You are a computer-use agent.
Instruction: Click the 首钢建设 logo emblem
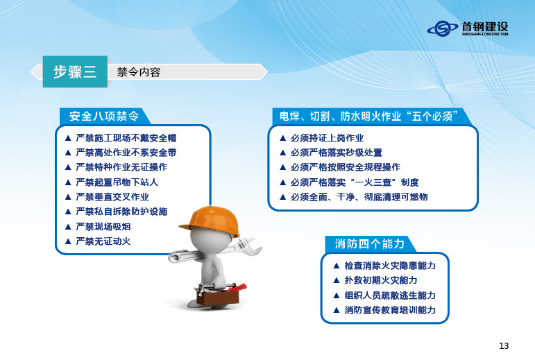pos(442,28)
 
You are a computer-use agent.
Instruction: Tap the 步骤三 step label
pos(75,71)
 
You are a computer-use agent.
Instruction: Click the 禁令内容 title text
pos(139,72)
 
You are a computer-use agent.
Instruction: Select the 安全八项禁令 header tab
pos(104,117)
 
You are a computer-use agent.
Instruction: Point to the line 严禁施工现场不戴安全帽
pos(126,138)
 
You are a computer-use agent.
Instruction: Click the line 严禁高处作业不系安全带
pos(126,153)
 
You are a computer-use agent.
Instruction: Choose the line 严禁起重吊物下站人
pos(117,182)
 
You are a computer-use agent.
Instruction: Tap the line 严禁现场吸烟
pos(103,226)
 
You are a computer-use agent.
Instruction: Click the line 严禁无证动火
pos(103,241)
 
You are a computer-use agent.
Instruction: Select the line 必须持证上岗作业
pos(327,138)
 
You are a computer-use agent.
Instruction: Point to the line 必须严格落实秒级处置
pos(336,153)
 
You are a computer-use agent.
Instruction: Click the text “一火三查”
pos(373,182)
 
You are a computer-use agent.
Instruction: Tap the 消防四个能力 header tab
pos(370,243)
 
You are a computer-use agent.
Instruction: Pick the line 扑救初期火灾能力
pos(381,280)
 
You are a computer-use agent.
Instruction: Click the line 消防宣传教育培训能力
pos(390,310)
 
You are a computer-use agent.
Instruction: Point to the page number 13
pos(504,345)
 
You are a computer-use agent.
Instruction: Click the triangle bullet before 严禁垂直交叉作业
pos(68,197)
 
